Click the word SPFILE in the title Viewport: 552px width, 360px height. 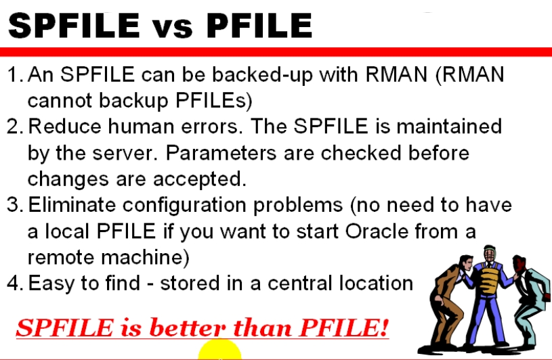point(74,25)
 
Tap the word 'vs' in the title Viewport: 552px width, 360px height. point(173,28)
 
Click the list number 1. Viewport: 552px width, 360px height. point(14,75)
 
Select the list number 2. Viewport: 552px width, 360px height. point(15,127)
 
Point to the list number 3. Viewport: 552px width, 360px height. point(15,205)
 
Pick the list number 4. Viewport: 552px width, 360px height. point(15,284)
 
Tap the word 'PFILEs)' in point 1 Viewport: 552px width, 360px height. point(214,101)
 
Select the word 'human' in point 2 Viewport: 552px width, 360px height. point(140,127)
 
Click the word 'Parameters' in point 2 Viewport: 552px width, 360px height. point(221,153)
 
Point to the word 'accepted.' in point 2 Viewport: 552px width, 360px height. point(200,180)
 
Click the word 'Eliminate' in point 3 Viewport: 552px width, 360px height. point(72,205)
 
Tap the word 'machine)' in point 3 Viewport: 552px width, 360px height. point(145,258)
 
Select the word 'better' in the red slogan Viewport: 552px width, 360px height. point(188,328)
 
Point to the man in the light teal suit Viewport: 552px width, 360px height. point(530,299)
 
